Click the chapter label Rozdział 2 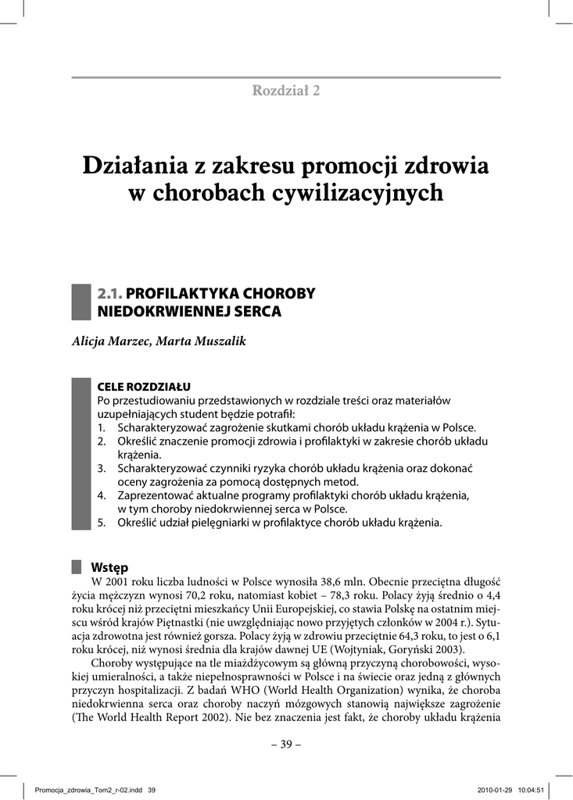pos(285,90)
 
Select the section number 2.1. pos(109,294)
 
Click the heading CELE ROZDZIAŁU pos(143,387)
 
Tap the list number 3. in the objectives pos(101,467)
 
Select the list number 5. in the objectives pos(101,522)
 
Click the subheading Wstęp pos(109,566)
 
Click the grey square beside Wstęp pos(77,566)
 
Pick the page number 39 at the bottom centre pos(286,744)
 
